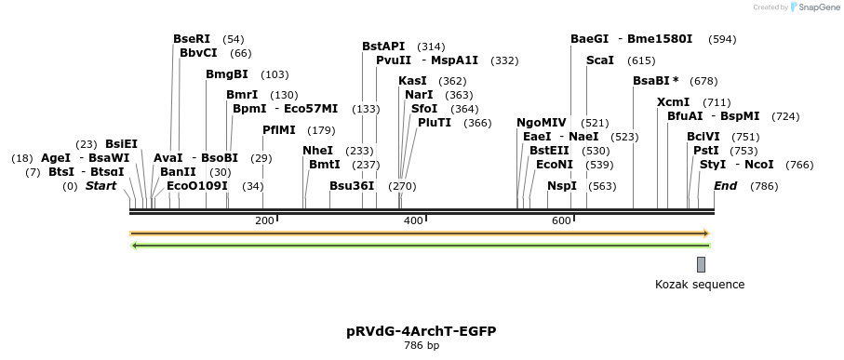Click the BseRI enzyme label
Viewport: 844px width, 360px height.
click(x=192, y=39)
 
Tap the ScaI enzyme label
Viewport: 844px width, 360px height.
click(x=600, y=60)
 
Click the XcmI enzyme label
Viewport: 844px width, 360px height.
click(x=674, y=102)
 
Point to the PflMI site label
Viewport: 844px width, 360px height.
click(x=279, y=130)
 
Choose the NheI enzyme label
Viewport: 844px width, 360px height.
click(x=318, y=151)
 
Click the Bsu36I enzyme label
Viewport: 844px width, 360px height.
click(x=352, y=186)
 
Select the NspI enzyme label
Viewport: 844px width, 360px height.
click(x=562, y=186)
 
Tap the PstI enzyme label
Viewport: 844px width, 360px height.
click(x=706, y=151)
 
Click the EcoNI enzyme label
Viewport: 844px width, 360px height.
click(x=555, y=165)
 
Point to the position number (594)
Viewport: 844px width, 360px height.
click(x=722, y=39)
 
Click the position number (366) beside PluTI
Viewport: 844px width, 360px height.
click(x=477, y=123)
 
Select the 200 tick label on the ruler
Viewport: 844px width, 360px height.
click(x=264, y=220)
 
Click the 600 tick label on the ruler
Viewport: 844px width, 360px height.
click(x=561, y=220)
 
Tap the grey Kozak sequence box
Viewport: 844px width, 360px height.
click(x=701, y=264)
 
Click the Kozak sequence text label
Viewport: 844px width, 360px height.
click(x=700, y=285)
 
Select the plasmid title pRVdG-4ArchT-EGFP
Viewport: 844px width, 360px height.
click(x=421, y=331)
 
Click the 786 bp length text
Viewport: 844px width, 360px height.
click(x=421, y=346)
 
